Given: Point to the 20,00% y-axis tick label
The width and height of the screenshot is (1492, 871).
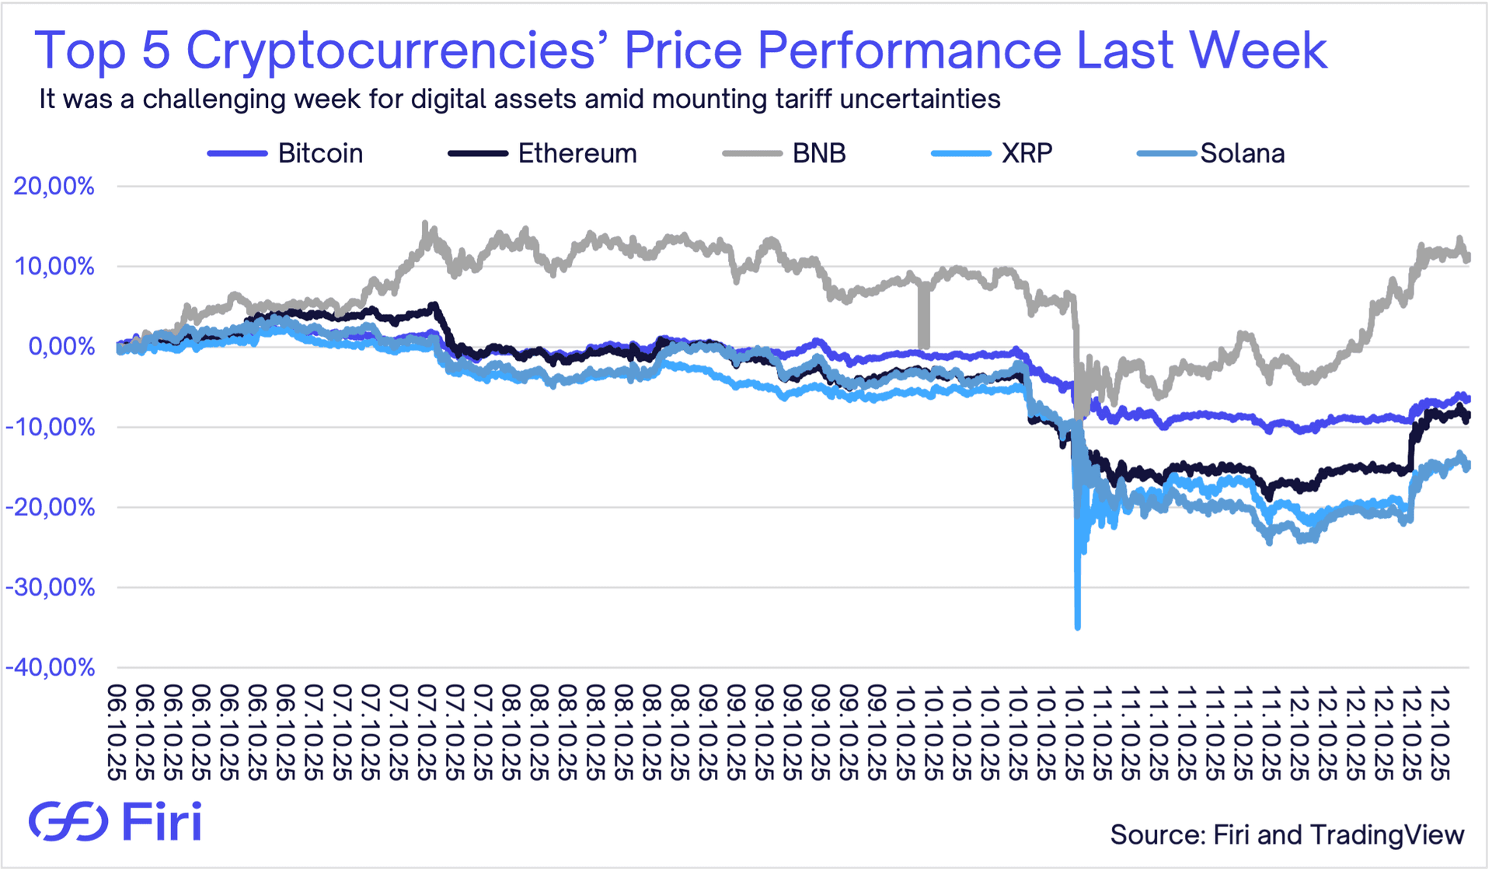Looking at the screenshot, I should pyautogui.click(x=54, y=187).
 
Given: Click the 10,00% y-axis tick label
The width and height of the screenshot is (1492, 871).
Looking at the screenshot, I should pyautogui.click(x=54, y=267).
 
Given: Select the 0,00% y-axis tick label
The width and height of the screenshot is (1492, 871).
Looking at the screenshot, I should pyautogui.click(x=61, y=347).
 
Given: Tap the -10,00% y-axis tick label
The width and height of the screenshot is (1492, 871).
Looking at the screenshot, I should pyautogui.click(x=50, y=427).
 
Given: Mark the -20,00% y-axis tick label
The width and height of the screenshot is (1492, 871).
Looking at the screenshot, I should pyautogui.click(x=50, y=507).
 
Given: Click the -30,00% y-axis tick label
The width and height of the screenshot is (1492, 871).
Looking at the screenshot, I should pyautogui.click(x=50, y=587).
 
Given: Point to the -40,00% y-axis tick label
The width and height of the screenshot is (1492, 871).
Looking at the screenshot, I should pyautogui.click(x=50, y=667).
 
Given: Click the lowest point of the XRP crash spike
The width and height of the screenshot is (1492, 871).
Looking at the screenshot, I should pyautogui.click(x=1077, y=627).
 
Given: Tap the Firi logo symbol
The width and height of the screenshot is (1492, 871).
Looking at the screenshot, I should pyautogui.click(x=68, y=821).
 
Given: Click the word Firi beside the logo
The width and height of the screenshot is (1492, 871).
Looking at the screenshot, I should pyautogui.click(x=162, y=821).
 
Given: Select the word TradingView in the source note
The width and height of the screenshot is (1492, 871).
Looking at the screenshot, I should pyautogui.click(x=1387, y=834).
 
